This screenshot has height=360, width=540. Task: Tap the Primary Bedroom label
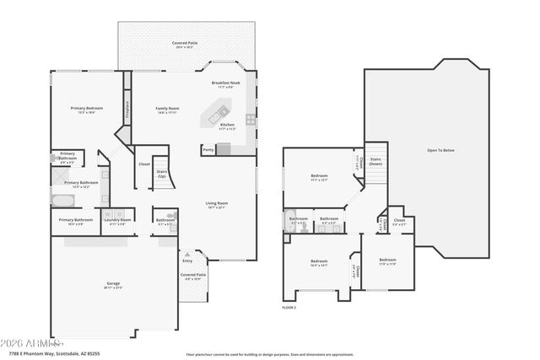pyautogui.click(x=87, y=109)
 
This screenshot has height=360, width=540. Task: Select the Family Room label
pyautogui.click(x=167, y=109)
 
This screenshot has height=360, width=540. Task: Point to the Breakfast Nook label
pyautogui.click(x=225, y=83)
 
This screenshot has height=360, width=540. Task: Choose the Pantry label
pyautogui.click(x=208, y=149)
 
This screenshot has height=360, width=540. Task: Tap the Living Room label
pyautogui.click(x=218, y=204)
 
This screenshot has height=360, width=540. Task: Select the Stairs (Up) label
pyautogui.click(x=163, y=173)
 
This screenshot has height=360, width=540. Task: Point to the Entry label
pyautogui.click(x=187, y=261)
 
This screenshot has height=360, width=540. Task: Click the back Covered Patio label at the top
pyautogui.click(x=185, y=42)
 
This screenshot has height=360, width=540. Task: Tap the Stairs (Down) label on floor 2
pyautogui.click(x=375, y=161)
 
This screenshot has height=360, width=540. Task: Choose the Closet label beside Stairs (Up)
pyautogui.click(x=144, y=164)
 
